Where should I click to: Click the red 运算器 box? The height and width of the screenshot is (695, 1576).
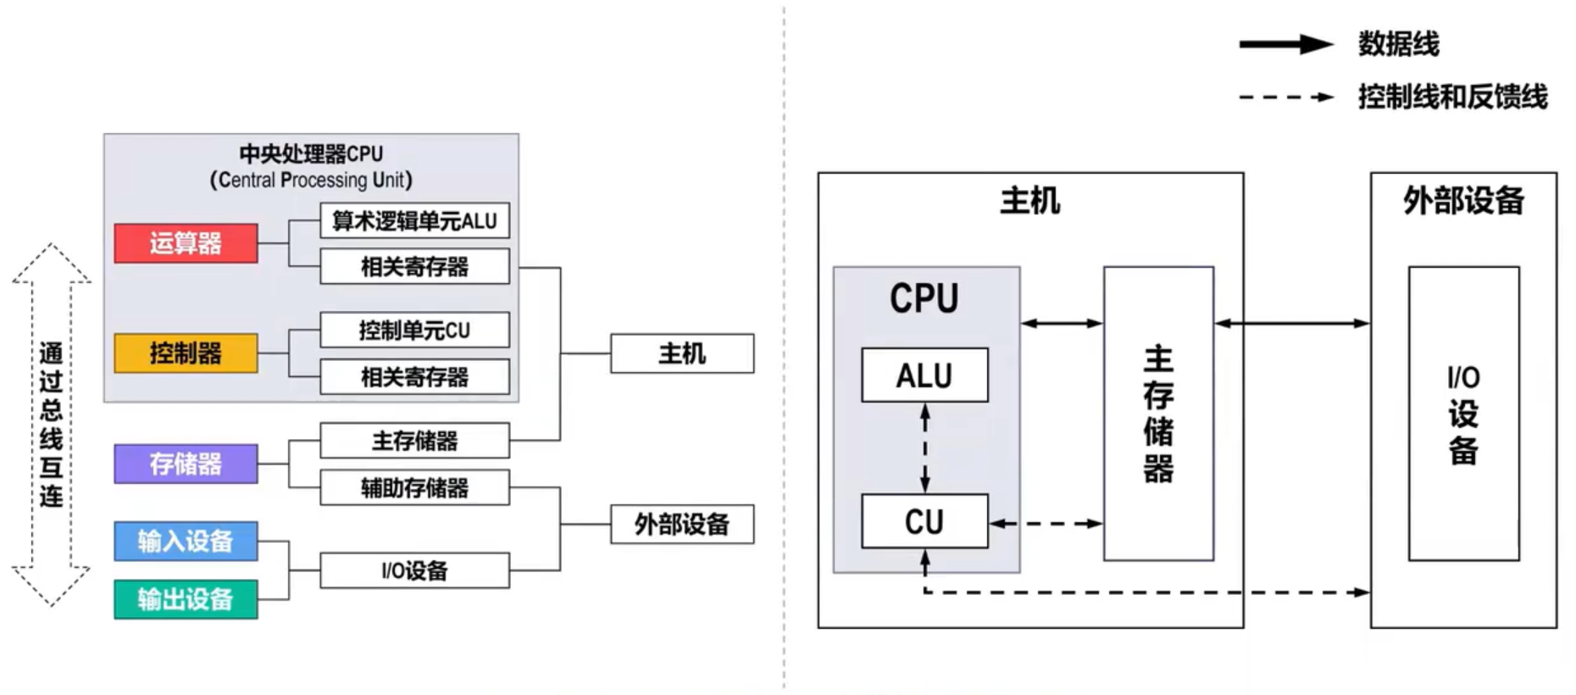coord(186,243)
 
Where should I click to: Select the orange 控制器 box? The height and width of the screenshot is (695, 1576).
coord(186,353)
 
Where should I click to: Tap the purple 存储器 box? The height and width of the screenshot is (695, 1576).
coord(186,464)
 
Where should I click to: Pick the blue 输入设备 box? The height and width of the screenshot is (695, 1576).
coord(186,541)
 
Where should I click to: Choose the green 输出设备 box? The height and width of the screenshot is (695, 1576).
coord(186,599)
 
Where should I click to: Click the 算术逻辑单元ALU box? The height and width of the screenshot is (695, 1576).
coord(414,220)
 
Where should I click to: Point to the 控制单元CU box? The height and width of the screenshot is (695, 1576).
coord(414,330)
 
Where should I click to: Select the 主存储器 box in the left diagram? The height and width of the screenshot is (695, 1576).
coord(414,441)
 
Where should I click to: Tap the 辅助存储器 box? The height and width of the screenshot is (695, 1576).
coord(414,488)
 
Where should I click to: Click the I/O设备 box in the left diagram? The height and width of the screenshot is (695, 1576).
coord(414,570)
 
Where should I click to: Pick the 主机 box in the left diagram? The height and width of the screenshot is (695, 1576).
coord(682,353)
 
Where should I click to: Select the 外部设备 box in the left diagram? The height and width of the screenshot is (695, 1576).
coord(682,524)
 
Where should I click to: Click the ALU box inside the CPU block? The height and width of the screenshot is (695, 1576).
coord(924,375)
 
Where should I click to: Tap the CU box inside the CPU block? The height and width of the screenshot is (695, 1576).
coord(924,521)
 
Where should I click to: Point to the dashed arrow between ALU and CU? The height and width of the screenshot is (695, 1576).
coord(925,448)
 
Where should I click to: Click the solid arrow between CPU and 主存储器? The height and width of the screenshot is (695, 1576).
coord(1062,323)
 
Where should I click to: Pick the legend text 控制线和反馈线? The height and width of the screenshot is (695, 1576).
coord(1452,97)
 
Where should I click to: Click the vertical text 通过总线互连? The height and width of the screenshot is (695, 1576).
coord(51,424)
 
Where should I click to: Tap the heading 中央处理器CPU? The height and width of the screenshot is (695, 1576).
coord(311,154)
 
